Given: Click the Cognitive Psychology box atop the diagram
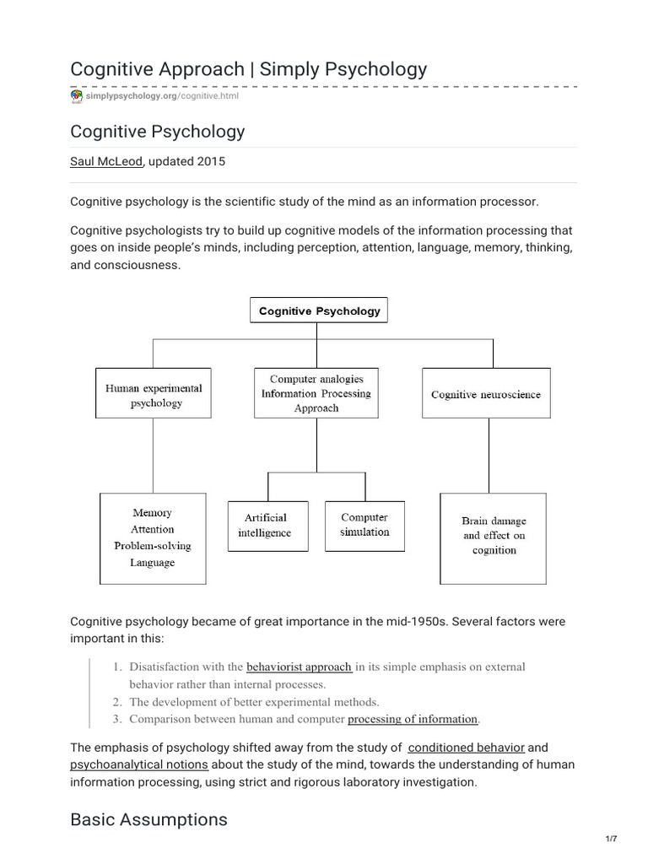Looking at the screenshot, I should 319,310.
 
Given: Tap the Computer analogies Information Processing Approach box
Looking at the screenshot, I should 316,393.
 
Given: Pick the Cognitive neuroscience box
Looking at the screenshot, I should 486,394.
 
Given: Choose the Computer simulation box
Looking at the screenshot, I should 364,525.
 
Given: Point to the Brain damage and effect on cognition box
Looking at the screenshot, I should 494,536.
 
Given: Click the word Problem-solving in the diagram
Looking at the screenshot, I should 153,546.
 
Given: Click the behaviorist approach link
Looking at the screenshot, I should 299,667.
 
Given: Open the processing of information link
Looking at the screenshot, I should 413,719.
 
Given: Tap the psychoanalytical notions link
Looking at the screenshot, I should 139,764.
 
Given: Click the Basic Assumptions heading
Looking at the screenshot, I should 148,819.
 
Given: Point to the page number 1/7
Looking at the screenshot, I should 612,839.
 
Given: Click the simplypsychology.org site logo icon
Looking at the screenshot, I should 77,96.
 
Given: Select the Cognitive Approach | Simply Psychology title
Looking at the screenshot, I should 248,68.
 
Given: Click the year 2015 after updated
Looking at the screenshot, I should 211,162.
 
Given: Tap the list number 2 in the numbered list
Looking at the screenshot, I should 117,701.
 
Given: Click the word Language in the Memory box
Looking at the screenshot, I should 153,563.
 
